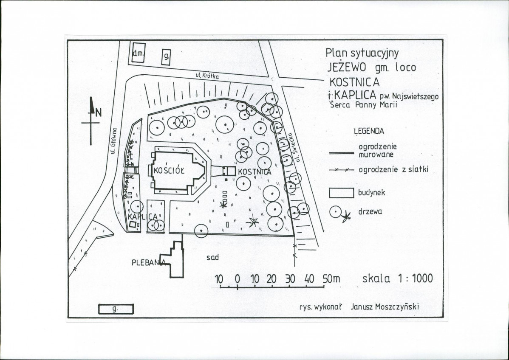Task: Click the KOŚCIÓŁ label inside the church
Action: click(169, 171)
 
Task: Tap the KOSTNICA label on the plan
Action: click(254, 172)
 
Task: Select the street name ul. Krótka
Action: click(207, 76)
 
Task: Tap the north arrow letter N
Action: click(99, 112)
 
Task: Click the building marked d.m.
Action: click(139, 53)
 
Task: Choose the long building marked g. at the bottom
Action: click(116, 309)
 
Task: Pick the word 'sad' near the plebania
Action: click(212, 258)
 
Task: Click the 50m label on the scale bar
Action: click(331, 278)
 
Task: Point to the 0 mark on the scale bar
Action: click(238, 279)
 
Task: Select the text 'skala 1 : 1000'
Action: click(397, 278)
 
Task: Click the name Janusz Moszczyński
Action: click(385, 307)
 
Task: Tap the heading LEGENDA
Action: click(369, 131)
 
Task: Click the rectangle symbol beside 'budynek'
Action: click(342, 193)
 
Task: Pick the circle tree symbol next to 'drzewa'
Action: click(335, 212)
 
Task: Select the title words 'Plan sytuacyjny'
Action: click(362, 53)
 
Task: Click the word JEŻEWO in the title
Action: click(346, 67)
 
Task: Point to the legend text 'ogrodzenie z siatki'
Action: click(393, 169)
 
